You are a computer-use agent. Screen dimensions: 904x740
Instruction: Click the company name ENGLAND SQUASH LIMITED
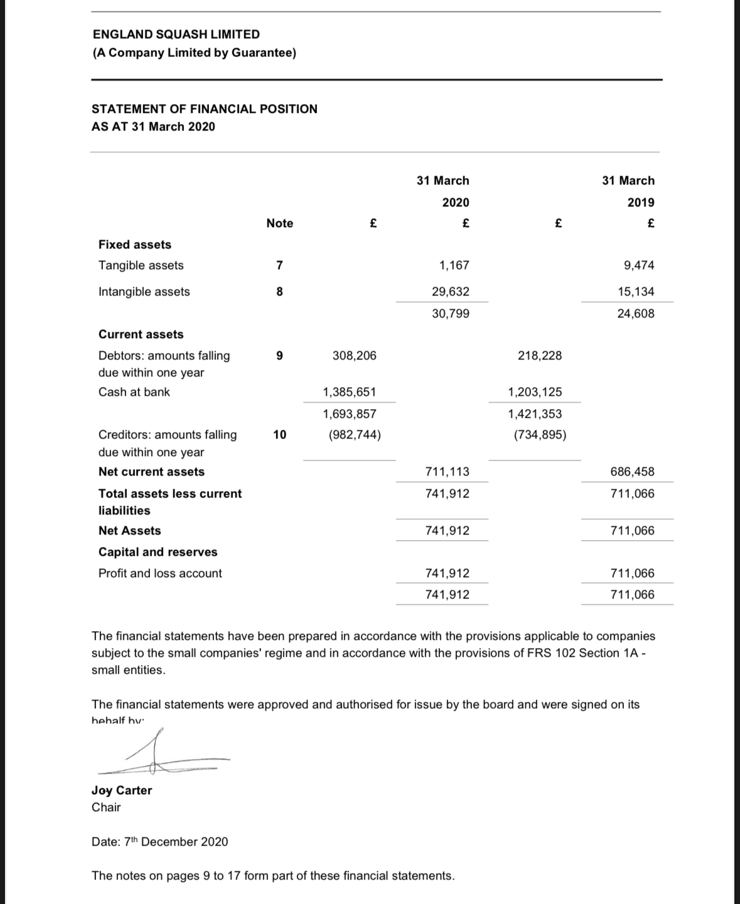coord(176,35)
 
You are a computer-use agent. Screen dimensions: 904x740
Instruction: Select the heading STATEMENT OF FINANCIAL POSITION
coord(205,109)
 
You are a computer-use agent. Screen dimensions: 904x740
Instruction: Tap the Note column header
coord(279,223)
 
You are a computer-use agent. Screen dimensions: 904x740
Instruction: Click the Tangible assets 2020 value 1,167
coord(454,265)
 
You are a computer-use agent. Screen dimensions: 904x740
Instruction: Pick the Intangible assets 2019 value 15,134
coord(636,292)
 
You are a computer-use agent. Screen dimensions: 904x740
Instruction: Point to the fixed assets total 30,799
coord(451,314)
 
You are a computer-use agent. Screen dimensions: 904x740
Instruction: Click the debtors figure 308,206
coord(355,356)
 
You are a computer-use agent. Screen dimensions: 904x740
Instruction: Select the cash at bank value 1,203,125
coord(535,392)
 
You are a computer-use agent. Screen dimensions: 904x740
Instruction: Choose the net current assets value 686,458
coord(632,472)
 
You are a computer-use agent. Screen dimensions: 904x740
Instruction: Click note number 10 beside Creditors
coord(280,435)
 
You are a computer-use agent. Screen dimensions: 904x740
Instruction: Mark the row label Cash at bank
coord(134,392)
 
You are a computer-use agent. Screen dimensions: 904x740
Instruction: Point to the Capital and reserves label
coord(158,552)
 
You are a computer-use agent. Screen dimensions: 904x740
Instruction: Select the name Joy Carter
coord(122,790)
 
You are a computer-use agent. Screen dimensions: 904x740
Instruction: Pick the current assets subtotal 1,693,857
coord(350,414)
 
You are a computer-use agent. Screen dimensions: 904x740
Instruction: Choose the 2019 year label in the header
coord(641,203)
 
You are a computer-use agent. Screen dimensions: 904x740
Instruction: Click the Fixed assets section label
coord(135,245)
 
